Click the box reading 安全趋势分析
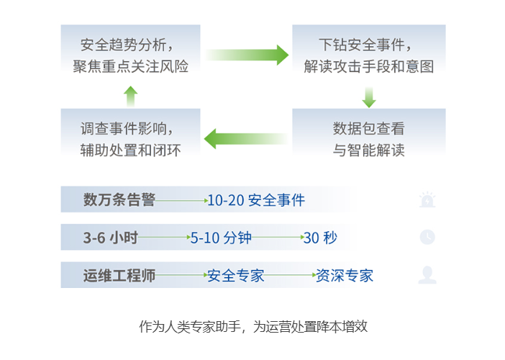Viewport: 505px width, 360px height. click(x=130, y=51)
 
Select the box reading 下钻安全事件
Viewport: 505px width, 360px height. click(x=369, y=51)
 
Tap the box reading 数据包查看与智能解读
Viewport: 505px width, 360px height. click(x=369, y=135)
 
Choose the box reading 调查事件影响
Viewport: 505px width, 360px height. click(x=130, y=135)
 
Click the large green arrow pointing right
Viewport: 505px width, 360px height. click(x=247, y=55)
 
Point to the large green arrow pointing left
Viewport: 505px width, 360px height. click(x=246, y=139)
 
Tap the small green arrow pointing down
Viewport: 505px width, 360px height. click(x=369, y=97)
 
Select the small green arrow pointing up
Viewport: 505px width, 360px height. click(x=131, y=96)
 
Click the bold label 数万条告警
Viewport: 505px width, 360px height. click(x=119, y=200)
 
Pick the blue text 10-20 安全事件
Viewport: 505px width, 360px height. click(x=256, y=200)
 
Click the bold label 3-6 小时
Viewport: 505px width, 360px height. click(x=111, y=238)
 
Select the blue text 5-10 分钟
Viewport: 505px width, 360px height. click(x=221, y=238)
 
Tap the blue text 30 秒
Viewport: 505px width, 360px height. click(x=320, y=238)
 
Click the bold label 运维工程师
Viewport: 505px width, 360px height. click(x=119, y=276)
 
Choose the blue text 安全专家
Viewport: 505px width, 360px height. click(x=236, y=276)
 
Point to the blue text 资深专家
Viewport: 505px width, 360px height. click(x=345, y=276)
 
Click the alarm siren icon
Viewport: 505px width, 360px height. click(x=427, y=200)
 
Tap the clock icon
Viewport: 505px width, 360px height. click(x=427, y=237)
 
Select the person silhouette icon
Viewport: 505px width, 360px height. click(x=427, y=275)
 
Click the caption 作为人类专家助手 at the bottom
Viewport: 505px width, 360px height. click(x=190, y=326)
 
